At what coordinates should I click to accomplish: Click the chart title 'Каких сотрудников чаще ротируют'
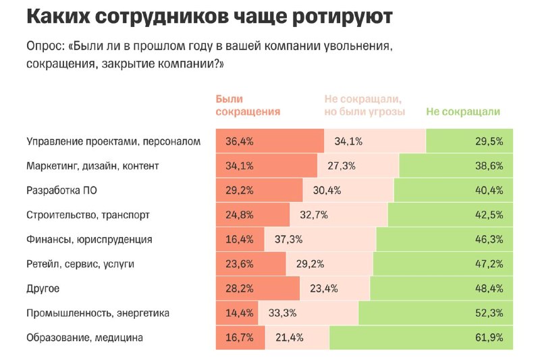pos(209,16)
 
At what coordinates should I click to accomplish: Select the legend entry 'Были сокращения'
pos(248,105)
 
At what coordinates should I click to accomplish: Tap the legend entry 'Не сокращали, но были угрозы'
pos(364,105)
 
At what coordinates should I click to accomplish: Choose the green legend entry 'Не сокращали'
pos(463,112)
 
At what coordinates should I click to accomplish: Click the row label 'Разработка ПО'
pos(61,190)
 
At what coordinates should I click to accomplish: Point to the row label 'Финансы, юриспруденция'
pos(89,239)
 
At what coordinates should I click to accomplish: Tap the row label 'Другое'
pos(43,288)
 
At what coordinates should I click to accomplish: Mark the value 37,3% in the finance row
pos(288,239)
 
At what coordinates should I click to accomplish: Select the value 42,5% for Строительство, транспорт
pos(489,215)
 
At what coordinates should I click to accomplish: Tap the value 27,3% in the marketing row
pos(342,165)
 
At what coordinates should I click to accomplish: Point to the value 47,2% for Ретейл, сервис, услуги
pos(489,264)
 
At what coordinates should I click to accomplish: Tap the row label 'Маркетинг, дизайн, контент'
pos(92,165)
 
